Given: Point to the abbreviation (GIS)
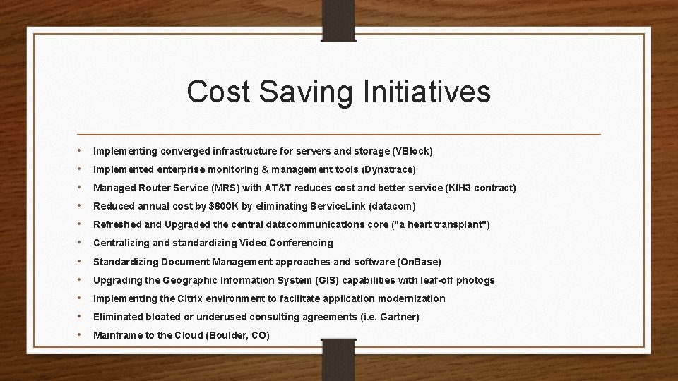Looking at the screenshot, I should pyautogui.click(x=331, y=280).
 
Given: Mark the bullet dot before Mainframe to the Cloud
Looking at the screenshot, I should pyautogui.click(x=81, y=334).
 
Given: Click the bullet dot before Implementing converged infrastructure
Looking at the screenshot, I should pyautogui.click(x=81, y=150).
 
